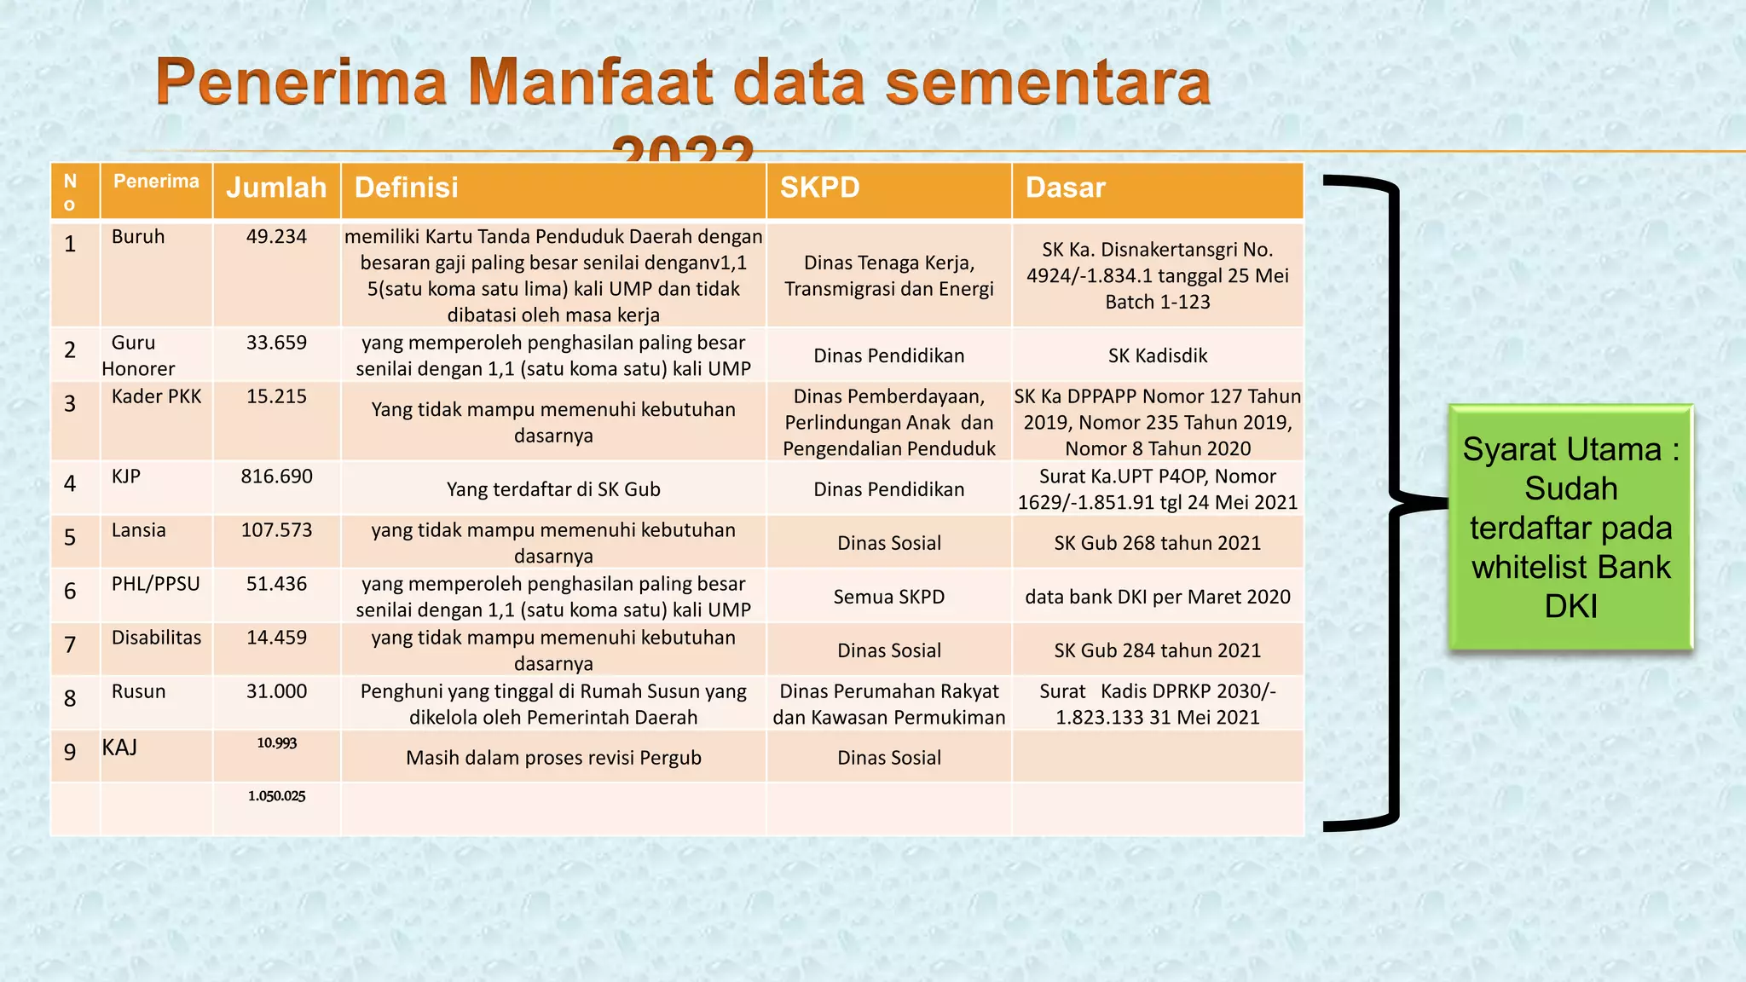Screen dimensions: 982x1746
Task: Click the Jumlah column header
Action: [x=276, y=188]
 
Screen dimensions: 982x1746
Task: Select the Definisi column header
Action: [x=406, y=188]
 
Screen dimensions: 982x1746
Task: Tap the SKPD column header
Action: [x=819, y=188]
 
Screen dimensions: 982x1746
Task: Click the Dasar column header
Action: [x=1065, y=188]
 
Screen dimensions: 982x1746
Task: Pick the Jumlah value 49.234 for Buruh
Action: [x=276, y=236]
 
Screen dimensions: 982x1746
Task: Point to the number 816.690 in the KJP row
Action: [x=276, y=476]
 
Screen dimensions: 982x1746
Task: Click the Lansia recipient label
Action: [x=138, y=529]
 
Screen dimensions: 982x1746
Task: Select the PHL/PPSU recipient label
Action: [x=155, y=583]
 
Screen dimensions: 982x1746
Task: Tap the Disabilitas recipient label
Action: [x=156, y=637]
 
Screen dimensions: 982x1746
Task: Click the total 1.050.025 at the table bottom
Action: [x=276, y=795]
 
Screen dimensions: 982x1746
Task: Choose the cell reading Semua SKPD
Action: [x=888, y=596]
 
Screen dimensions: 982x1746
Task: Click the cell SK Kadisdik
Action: [x=1157, y=355]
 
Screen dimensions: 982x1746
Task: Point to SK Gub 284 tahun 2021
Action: [x=1157, y=650]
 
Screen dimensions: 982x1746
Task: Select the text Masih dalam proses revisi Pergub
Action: [x=553, y=757]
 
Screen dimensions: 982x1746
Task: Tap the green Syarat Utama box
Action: [x=1570, y=527]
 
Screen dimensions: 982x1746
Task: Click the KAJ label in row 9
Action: [x=119, y=748]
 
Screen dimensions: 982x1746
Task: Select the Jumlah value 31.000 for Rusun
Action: [x=276, y=690]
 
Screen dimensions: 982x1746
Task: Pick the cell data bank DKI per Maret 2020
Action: [x=1157, y=596]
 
